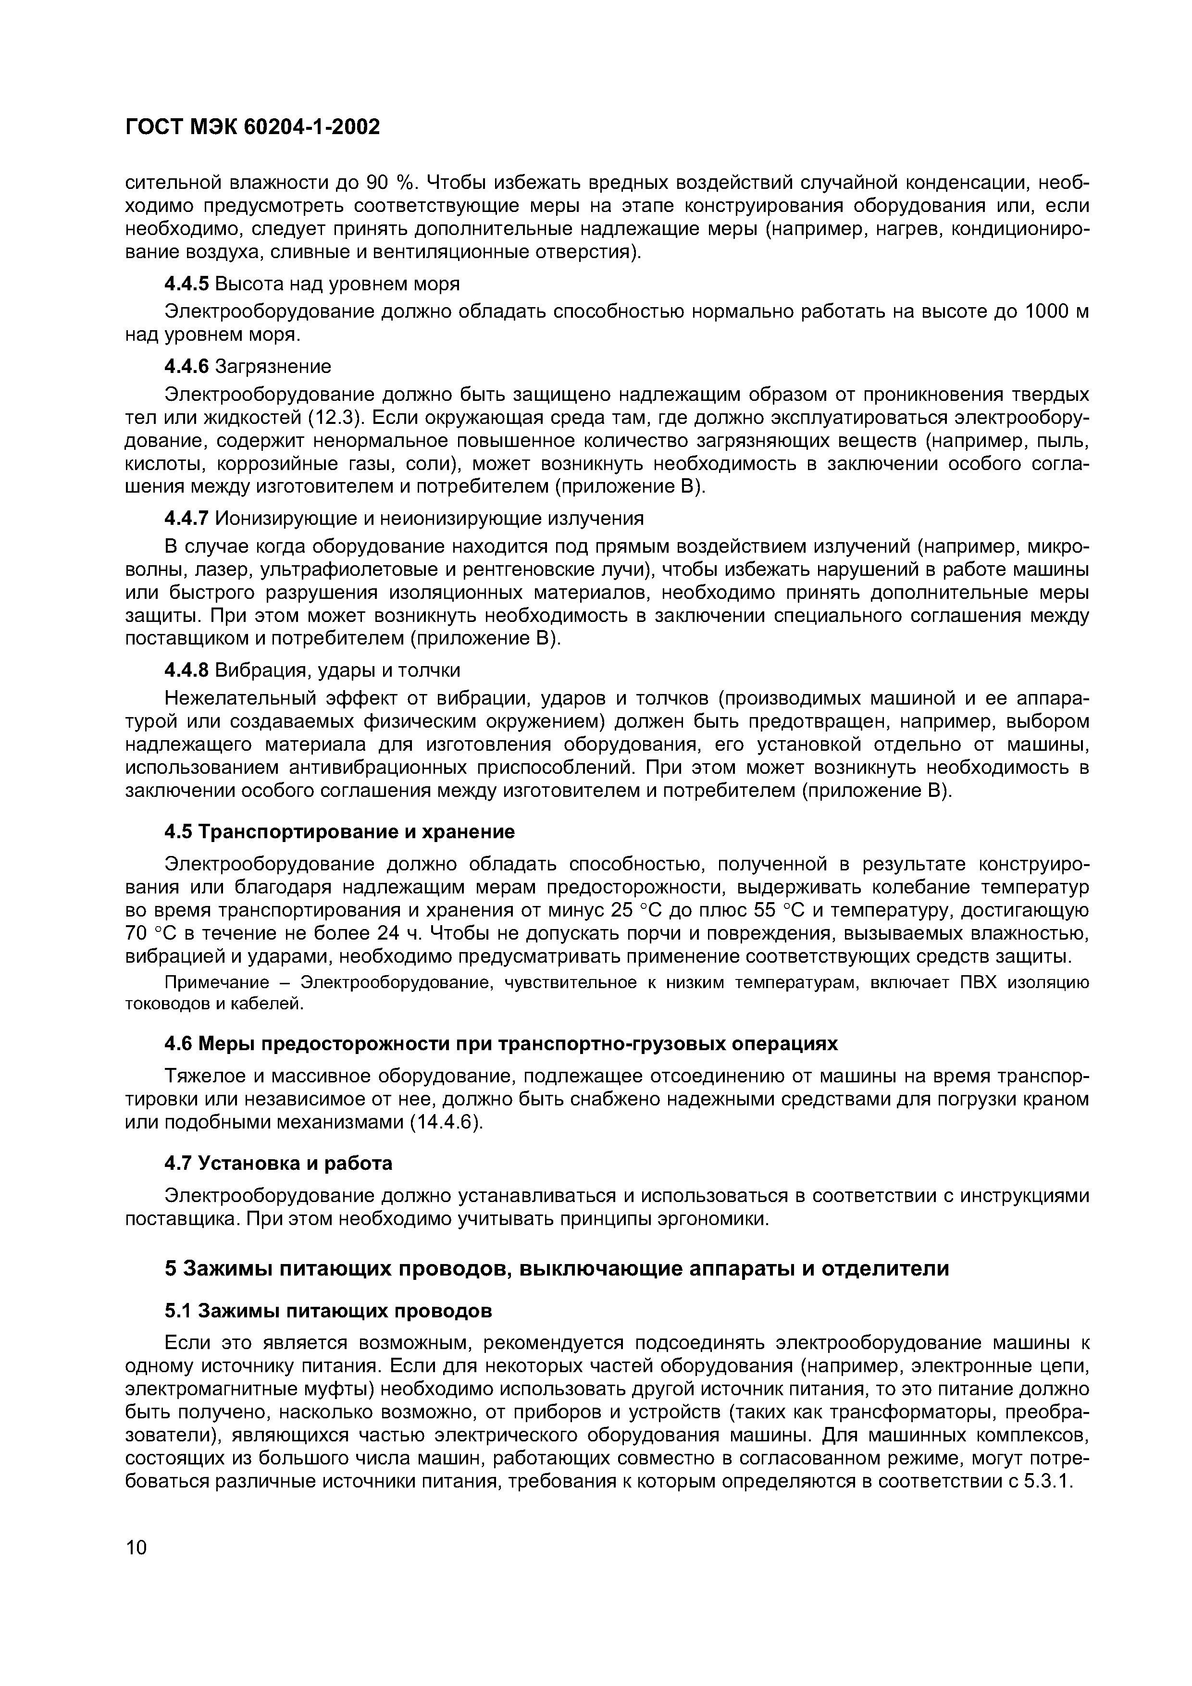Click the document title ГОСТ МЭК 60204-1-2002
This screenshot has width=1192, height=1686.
(253, 128)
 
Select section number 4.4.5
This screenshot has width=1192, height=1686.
(186, 284)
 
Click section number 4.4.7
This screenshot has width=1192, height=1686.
(186, 519)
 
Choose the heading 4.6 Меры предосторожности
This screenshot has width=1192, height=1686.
(500, 1043)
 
